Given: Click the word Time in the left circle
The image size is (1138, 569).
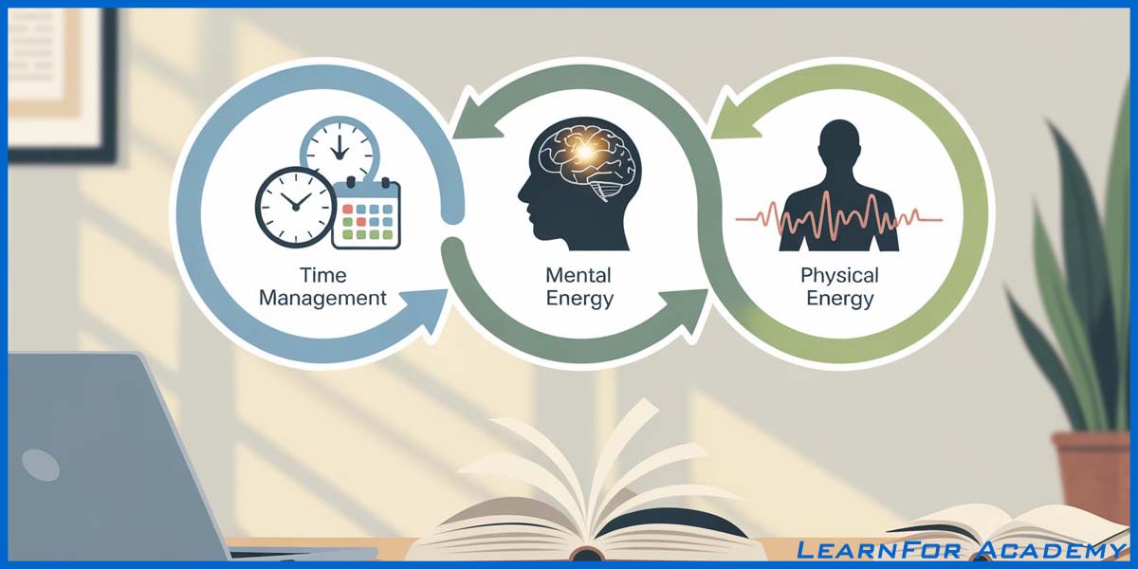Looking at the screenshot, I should (x=322, y=275).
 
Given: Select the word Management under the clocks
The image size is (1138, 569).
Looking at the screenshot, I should (x=322, y=298).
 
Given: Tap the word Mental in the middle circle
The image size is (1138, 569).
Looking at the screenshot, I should (x=578, y=275).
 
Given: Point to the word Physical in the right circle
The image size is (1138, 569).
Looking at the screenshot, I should (x=839, y=275).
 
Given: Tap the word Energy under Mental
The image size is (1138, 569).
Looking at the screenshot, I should (x=578, y=299).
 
